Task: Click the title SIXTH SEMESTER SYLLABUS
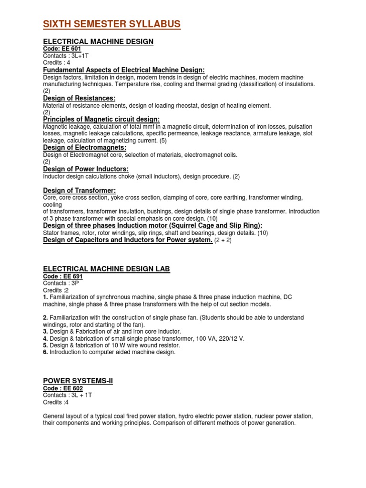click(x=112, y=24)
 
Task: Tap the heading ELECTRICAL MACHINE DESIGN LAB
click(x=106, y=269)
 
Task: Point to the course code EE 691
click(x=63, y=276)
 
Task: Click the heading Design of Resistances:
click(x=80, y=98)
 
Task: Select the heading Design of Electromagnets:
click(x=84, y=148)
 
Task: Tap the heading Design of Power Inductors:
click(x=86, y=169)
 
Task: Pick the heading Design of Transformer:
click(x=80, y=191)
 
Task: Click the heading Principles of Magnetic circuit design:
click(x=102, y=119)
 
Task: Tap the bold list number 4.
click(x=45, y=338)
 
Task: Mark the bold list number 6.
click(x=45, y=352)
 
